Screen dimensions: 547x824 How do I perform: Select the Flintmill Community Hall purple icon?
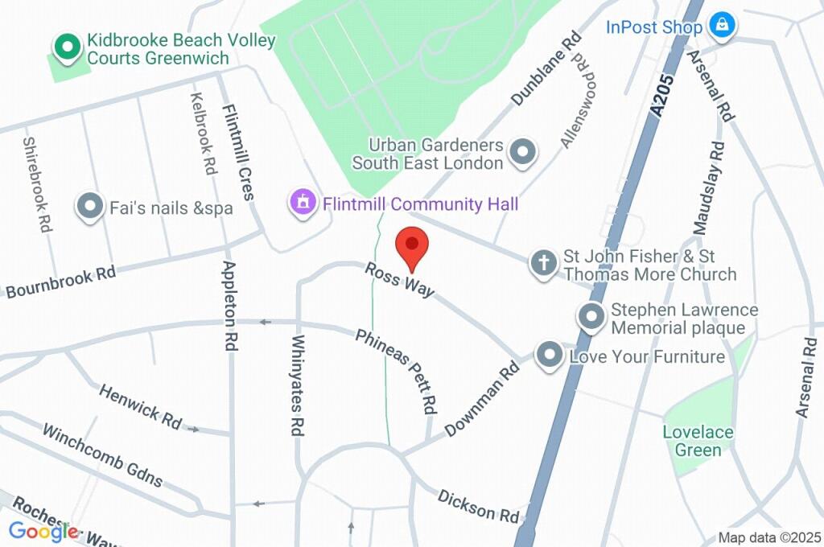[x=303, y=203]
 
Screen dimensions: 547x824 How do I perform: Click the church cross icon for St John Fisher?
[x=544, y=263]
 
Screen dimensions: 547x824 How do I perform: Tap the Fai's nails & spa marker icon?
[x=89, y=207]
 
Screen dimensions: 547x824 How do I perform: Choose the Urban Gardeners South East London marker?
[x=524, y=152]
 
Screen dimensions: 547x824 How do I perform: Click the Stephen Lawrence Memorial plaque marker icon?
[x=592, y=317]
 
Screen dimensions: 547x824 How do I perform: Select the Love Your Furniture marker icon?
[x=550, y=355]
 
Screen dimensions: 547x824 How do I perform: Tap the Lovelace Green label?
[x=698, y=441]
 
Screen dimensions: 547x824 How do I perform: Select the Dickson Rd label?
[x=478, y=505]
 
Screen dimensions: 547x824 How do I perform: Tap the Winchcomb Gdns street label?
[x=102, y=456]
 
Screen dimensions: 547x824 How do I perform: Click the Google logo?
[x=43, y=531]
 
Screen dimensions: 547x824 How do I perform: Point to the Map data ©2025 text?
[x=768, y=537]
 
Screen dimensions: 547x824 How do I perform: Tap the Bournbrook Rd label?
[x=60, y=282]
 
